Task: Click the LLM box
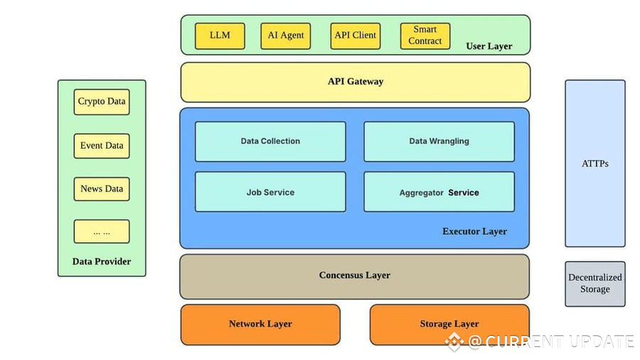(x=220, y=36)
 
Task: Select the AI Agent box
(x=285, y=36)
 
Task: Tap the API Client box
(x=355, y=36)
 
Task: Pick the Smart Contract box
(x=425, y=36)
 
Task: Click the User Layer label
(x=489, y=47)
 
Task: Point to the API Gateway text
(x=355, y=82)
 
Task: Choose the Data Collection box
(x=270, y=142)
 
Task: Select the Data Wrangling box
(x=439, y=142)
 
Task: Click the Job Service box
(x=270, y=192)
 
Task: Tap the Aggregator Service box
(x=439, y=192)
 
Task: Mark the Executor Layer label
(x=474, y=231)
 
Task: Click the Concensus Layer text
(x=354, y=275)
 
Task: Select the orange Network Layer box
(x=260, y=324)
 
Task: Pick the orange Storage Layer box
(x=449, y=324)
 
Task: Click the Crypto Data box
(x=102, y=102)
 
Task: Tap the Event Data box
(x=102, y=146)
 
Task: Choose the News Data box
(x=102, y=189)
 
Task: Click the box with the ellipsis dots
(x=102, y=232)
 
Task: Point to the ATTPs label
(x=595, y=164)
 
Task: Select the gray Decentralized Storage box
(x=595, y=283)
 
